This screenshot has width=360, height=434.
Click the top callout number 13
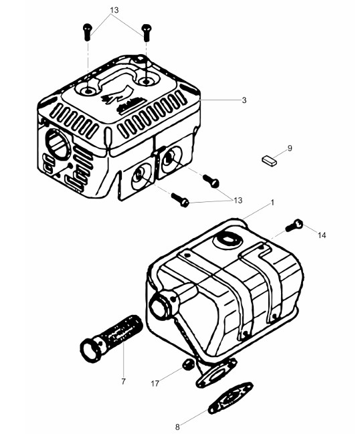(x=114, y=10)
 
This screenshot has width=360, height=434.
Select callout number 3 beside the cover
(x=244, y=100)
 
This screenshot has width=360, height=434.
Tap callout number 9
(x=290, y=148)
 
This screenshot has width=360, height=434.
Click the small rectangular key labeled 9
(x=269, y=160)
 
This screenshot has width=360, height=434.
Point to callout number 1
(x=272, y=203)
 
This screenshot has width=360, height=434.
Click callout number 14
(x=322, y=235)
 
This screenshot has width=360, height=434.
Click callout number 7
(x=123, y=381)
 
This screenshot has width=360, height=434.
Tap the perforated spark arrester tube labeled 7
(x=111, y=339)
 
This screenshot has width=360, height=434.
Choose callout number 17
(x=155, y=384)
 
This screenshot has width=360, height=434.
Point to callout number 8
(x=177, y=427)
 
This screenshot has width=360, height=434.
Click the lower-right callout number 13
(x=238, y=200)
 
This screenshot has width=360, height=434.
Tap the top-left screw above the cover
(x=87, y=32)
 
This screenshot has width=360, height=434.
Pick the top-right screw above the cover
(x=146, y=33)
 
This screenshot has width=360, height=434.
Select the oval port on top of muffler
(x=227, y=239)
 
